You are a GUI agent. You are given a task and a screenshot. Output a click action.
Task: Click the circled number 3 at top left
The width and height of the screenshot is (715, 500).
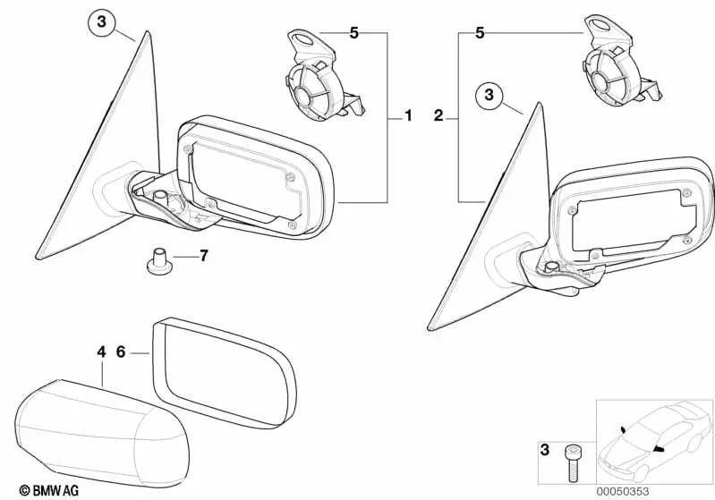(x=102, y=23)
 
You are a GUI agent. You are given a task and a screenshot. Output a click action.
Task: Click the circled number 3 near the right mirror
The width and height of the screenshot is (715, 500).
(x=489, y=93)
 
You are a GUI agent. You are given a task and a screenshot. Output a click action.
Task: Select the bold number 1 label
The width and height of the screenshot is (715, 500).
(x=408, y=115)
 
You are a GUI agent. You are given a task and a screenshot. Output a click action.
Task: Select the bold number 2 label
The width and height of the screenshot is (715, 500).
(x=438, y=115)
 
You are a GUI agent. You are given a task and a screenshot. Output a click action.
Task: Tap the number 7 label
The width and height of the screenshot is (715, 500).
(x=203, y=257)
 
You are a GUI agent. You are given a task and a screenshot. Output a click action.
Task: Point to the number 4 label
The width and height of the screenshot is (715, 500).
(x=101, y=352)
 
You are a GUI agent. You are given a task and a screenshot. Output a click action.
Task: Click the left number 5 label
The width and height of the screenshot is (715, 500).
(x=353, y=33)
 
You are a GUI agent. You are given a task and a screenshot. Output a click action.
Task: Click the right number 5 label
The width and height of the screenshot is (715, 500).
(x=480, y=33)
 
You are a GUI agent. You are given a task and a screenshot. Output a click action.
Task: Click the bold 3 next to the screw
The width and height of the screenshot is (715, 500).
(x=544, y=449)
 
